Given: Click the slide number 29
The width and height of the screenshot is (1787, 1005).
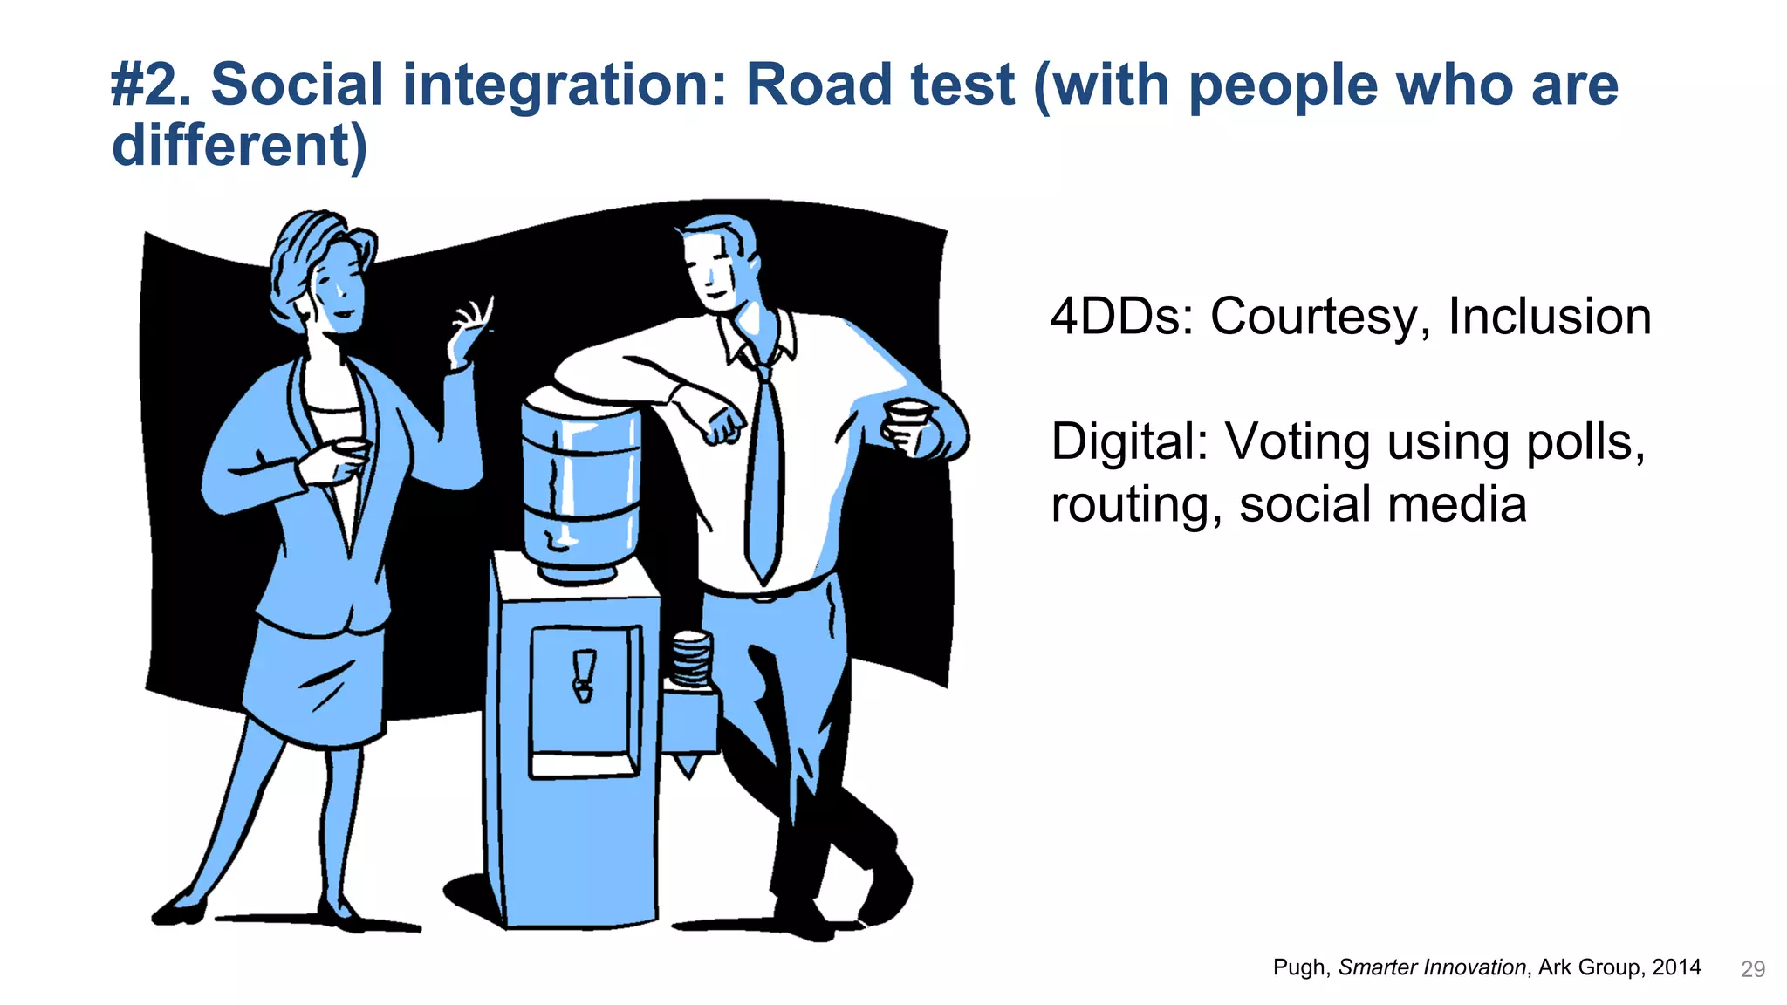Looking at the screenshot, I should pos(1752,969).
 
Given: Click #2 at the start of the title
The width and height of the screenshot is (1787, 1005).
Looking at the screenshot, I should pos(150,85).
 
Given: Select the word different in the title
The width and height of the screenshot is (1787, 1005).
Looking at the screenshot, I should pos(231,145).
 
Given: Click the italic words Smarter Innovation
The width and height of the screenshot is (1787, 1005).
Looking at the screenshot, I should pos(1431,967).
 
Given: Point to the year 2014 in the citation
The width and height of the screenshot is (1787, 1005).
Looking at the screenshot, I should pos(1676,967).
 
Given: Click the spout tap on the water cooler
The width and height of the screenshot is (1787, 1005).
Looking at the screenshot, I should pos(584,675).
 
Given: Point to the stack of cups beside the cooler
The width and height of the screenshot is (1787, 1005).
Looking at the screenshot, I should pos(691,660).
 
